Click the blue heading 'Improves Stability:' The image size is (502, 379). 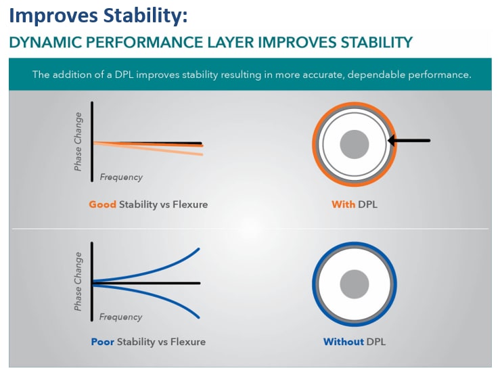point(98,15)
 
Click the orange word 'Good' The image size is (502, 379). point(102,204)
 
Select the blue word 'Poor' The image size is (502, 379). point(103,342)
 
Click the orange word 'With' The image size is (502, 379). point(343,204)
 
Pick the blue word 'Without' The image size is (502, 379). point(344,342)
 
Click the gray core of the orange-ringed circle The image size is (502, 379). point(354,144)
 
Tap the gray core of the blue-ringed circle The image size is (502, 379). point(355,283)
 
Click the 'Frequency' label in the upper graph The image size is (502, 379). point(121,177)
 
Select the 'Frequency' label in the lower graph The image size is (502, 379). point(121,317)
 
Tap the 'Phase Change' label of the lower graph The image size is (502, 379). point(78,282)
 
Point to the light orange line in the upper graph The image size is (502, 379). point(176,151)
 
